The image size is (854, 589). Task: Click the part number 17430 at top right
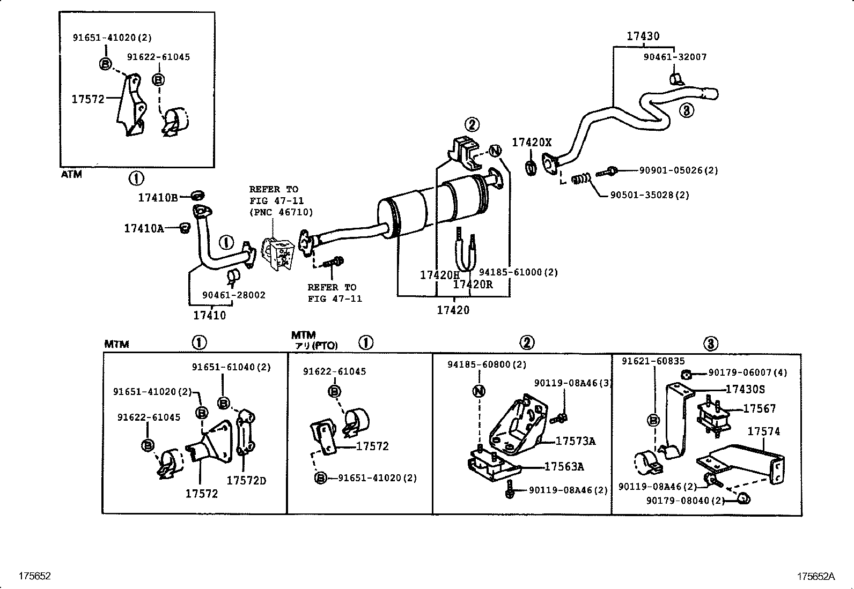click(643, 36)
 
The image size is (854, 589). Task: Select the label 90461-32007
click(675, 57)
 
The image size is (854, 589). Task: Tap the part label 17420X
click(531, 143)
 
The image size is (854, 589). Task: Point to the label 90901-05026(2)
click(678, 170)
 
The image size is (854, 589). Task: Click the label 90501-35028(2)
click(650, 195)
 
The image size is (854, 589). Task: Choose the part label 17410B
click(158, 198)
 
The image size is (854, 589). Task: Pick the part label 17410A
click(144, 229)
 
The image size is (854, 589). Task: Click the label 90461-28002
click(233, 295)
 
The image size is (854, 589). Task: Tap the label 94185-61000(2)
click(518, 273)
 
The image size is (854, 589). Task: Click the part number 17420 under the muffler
click(453, 310)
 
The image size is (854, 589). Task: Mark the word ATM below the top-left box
click(71, 175)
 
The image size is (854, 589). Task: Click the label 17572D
click(246, 481)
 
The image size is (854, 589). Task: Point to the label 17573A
click(575, 441)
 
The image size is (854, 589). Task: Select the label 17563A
click(564, 467)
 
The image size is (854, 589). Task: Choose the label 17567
click(759, 409)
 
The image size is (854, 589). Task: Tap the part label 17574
click(763, 431)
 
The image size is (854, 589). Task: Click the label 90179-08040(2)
click(685, 501)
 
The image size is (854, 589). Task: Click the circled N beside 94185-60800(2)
click(478, 391)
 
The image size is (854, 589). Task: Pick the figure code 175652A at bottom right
click(815, 577)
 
